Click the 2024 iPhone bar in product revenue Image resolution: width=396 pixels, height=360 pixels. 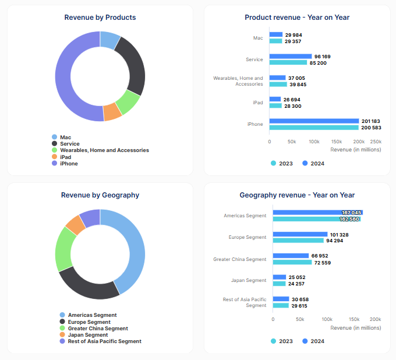click(x=314, y=121)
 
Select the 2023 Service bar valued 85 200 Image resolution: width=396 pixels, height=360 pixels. click(x=288, y=62)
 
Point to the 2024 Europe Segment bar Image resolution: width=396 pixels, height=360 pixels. click(x=300, y=234)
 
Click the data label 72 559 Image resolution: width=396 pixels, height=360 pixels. click(x=323, y=263)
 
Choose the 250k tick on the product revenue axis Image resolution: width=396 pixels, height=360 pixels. click(x=376, y=142)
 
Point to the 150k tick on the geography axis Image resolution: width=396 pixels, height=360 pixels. click(x=353, y=319)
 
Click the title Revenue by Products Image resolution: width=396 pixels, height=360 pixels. click(x=100, y=17)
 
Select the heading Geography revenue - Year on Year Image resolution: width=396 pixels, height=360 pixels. click(x=297, y=195)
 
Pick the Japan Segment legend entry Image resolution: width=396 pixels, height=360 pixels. click(x=87, y=335)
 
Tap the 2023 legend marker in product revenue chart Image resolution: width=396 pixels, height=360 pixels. click(x=273, y=163)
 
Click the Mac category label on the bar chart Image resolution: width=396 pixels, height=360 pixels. click(x=258, y=38)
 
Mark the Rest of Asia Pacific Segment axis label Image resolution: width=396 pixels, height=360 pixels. click(x=245, y=302)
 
